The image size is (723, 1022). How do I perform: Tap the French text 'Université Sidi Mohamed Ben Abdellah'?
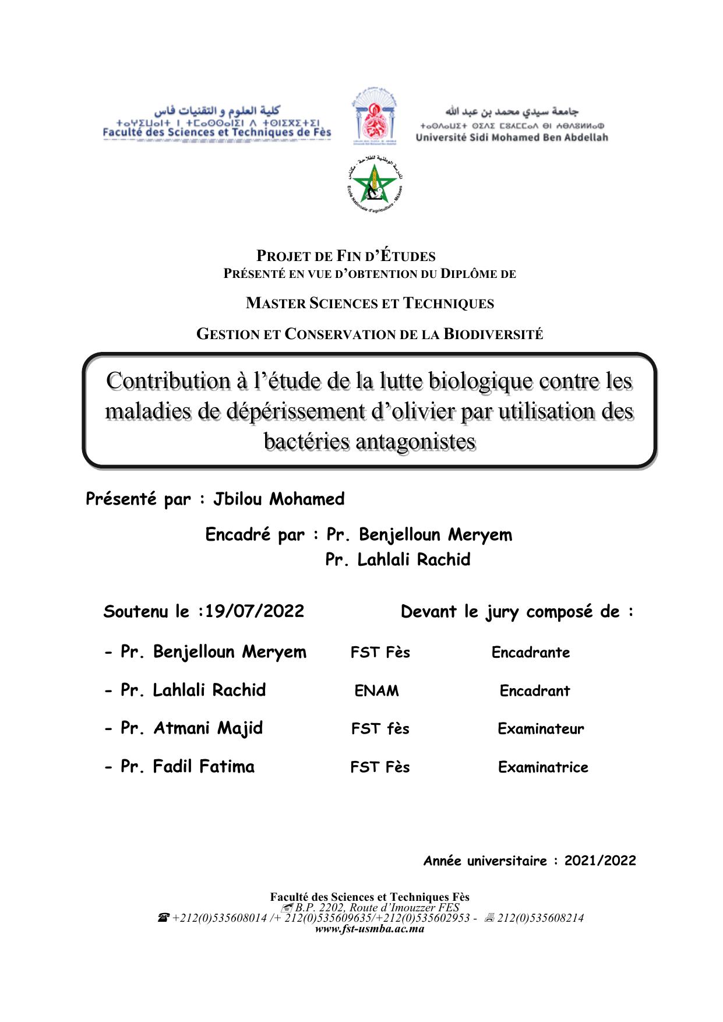click(x=512, y=138)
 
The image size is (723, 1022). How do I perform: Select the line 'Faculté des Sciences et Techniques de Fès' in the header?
click(x=217, y=132)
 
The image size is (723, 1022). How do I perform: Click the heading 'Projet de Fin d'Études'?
click(x=346, y=256)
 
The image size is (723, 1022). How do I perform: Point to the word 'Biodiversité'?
click(x=493, y=334)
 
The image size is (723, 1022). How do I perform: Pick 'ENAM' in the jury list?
click(x=376, y=691)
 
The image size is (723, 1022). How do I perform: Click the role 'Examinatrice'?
click(x=543, y=767)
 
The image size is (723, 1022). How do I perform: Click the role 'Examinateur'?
click(x=541, y=729)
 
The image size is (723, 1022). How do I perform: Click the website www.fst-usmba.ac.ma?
click(x=369, y=929)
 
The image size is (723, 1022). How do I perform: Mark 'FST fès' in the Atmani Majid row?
click(x=380, y=729)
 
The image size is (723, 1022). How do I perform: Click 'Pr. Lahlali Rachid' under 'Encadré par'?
click(x=397, y=560)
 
